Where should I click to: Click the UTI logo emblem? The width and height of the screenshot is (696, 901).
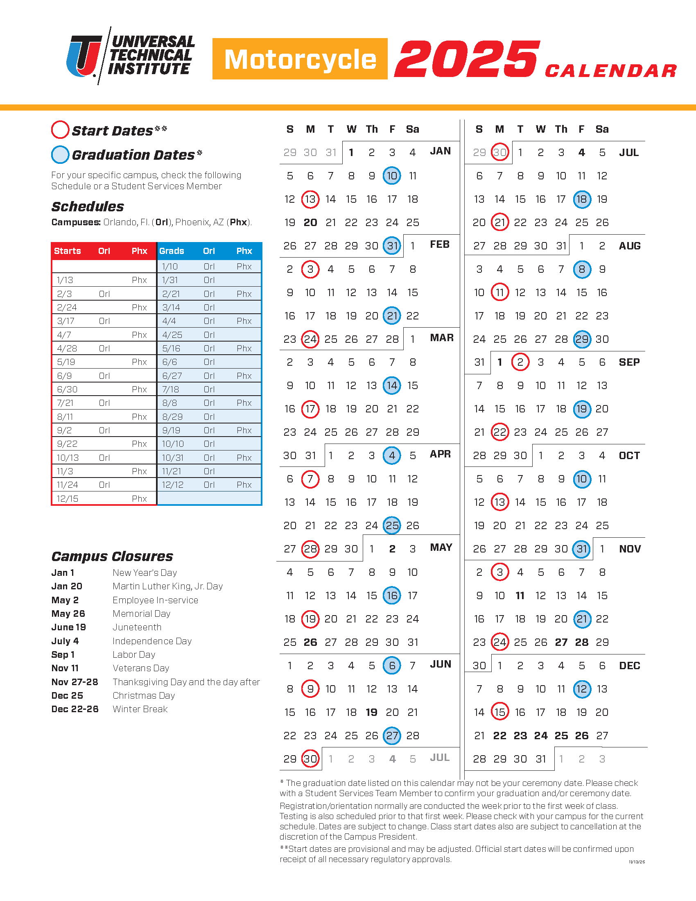[84, 56]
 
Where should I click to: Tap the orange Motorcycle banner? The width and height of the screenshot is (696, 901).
[300, 59]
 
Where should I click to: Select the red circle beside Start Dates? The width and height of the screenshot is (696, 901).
[60, 130]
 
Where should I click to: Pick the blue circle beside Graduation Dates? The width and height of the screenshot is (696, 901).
[60, 154]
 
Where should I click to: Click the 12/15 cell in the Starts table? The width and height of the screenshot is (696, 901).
[68, 498]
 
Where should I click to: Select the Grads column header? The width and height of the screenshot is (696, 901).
[172, 251]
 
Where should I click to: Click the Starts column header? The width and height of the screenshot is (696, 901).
[68, 251]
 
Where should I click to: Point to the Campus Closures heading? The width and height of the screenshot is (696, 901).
[112, 556]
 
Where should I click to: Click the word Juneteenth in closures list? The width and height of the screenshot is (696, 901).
[137, 627]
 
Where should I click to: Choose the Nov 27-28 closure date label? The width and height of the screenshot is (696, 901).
[75, 682]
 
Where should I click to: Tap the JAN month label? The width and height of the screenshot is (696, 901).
[440, 151]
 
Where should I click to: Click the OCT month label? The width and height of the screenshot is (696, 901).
[629, 455]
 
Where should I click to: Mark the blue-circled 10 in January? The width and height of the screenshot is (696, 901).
[392, 176]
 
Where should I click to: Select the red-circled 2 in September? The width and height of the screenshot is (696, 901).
[520, 362]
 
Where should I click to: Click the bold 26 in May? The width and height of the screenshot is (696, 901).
[310, 642]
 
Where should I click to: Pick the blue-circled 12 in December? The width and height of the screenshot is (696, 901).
[581, 689]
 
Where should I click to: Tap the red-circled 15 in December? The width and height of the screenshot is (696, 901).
[500, 712]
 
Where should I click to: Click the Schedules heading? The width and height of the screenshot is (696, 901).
[88, 206]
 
